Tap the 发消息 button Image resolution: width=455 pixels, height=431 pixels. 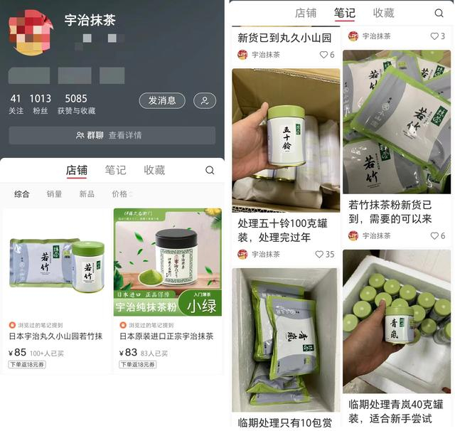(x=161, y=101)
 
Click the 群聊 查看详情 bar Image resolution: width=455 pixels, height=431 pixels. (x=112, y=135)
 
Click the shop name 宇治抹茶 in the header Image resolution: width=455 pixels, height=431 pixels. (x=90, y=20)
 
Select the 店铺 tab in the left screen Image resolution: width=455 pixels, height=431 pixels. (x=76, y=170)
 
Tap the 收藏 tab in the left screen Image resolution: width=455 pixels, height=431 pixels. (x=154, y=170)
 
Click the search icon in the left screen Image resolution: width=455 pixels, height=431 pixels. (x=210, y=170)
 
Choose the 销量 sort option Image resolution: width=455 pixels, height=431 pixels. (x=54, y=194)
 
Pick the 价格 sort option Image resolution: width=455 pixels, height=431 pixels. (x=122, y=194)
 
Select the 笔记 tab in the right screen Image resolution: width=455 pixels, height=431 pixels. (x=345, y=13)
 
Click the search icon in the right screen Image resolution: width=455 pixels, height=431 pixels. (x=439, y=13)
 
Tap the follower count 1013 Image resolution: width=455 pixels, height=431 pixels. (x=40, y=99)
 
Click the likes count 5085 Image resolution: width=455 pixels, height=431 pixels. (x=76, y=99)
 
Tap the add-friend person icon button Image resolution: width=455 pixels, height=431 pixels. (x=205, y=101)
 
